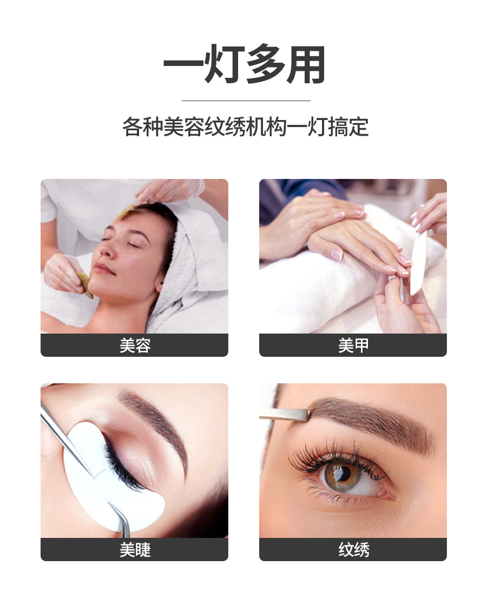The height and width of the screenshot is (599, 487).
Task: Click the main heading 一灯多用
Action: click(x=245, y=64)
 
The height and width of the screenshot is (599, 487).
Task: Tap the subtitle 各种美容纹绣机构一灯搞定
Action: click(x=245, y=128)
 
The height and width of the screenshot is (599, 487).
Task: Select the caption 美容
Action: click(x=134, y=345)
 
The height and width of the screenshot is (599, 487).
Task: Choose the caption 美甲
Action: click(x=353, y=345)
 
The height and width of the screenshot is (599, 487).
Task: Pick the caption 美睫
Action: click(x=134, y=549)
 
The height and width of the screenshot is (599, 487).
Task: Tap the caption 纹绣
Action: click(x=353, y=549)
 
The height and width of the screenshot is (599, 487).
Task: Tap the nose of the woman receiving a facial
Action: click(x=107, y=251)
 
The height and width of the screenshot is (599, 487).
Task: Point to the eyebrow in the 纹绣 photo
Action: click(x=373, y=419)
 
